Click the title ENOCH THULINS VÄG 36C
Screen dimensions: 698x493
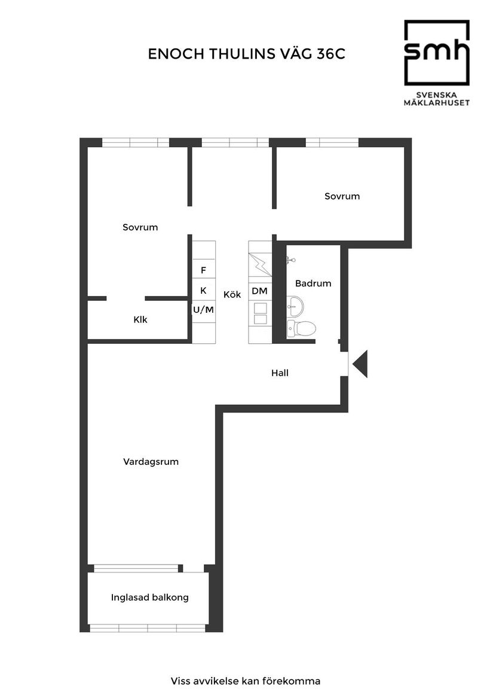coord(247,54)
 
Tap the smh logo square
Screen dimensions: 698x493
coord(436,53)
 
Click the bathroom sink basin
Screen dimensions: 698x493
coord(295,307)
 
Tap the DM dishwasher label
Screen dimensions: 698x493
coord(259,291)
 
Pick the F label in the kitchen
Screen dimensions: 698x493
coord(203,270)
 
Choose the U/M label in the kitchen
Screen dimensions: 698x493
coord(203,310)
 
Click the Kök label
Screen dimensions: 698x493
coord(232,294)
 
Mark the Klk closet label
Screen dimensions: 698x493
coord(140,319)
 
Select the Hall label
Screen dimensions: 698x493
coord(280,373)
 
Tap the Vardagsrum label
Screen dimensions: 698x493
coord(151,462)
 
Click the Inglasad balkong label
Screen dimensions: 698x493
coord(150,597)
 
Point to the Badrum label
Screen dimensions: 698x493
coord(313,284)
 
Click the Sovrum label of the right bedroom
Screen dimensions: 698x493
coord(342,196)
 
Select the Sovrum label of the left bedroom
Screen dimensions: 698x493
coord(140,227)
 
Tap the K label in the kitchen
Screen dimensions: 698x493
coord(203,291)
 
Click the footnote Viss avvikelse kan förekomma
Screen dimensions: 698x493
coord(246,681)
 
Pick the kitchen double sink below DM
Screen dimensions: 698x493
coord(261,313)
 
